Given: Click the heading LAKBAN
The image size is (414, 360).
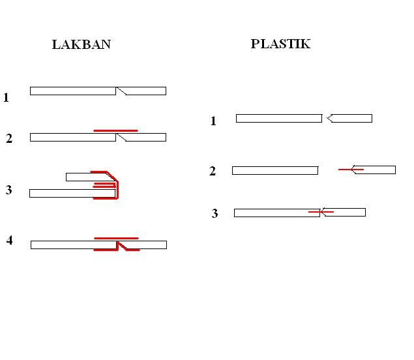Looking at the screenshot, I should (81, 45).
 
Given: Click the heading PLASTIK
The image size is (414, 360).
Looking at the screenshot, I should (280, 44).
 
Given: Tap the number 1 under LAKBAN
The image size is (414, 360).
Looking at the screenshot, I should (7, 98).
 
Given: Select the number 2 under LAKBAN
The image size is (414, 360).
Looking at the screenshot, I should (9, 139).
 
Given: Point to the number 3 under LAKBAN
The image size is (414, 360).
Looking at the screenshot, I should (8, 190).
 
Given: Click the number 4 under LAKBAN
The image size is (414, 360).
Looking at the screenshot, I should (10, 241).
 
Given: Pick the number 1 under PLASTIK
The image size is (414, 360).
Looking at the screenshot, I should (213, 121).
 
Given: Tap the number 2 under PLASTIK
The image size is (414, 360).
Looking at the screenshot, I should (213, 172).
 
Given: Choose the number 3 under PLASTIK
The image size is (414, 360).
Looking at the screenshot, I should (214, 214).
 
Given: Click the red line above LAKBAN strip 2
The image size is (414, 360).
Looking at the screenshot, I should (115, 131).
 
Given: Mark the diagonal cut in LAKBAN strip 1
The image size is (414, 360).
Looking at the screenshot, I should (121, 91).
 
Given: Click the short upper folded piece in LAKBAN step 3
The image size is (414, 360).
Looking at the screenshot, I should (81, 177).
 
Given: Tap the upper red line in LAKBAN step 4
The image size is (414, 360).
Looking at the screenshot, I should (116, 239).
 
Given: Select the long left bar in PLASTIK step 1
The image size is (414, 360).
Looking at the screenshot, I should (278, 118).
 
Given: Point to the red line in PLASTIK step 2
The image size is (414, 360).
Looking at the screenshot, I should (350, 170).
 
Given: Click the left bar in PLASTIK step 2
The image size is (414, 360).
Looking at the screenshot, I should (274, 170).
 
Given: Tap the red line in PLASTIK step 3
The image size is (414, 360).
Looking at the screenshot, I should (321, 212).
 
